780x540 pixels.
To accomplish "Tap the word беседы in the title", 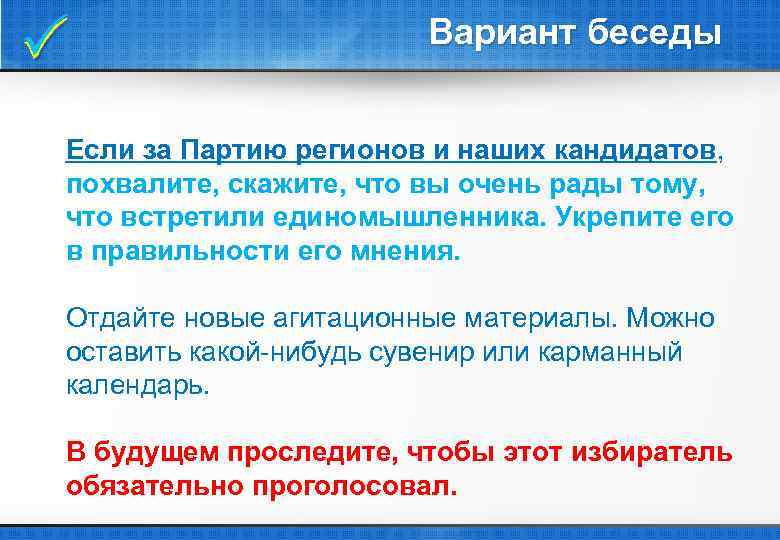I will [654, 33].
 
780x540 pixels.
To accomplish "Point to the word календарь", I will [138, 385].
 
